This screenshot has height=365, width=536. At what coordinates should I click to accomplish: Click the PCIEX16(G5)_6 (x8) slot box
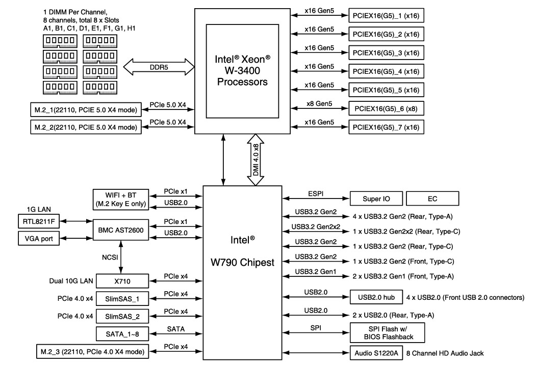point(386,108)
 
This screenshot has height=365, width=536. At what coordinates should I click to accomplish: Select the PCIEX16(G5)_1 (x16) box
point(386,16)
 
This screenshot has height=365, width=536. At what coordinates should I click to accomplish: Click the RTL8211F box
point(38,221)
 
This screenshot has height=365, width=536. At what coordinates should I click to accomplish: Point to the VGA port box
point(38,238)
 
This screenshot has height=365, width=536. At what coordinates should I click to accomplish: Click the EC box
point(433,199)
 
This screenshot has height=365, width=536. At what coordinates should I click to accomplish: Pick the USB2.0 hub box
point(375,297)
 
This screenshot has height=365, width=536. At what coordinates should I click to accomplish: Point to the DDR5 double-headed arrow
point(159,67)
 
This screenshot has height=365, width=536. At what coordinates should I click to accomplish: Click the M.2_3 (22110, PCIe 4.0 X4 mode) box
point(89,351)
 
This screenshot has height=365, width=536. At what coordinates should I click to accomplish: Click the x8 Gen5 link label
point(319,104)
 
